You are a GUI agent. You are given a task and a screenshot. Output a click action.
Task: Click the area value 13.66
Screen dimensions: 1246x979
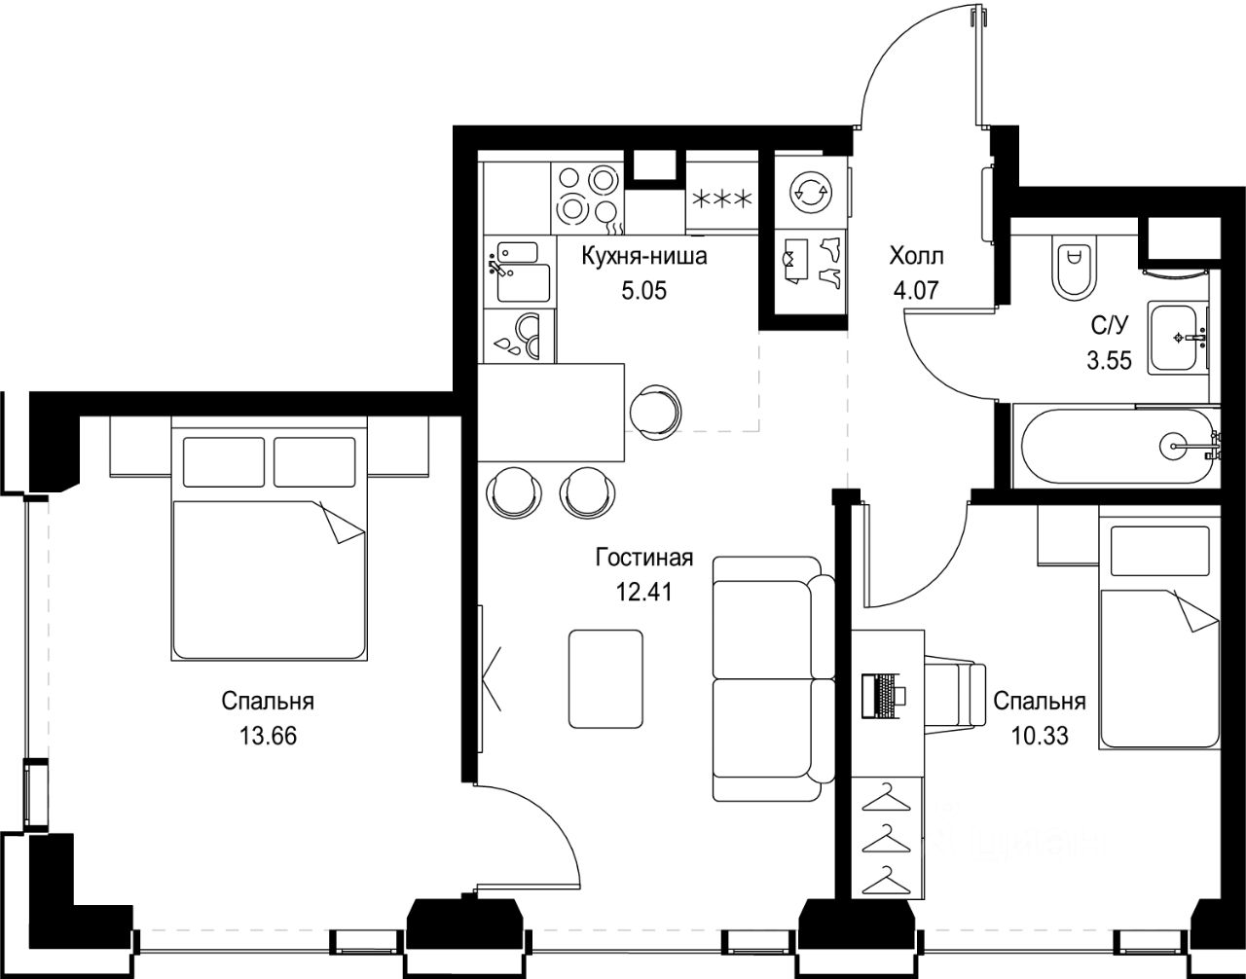pyautogui.click(x=269, y=736)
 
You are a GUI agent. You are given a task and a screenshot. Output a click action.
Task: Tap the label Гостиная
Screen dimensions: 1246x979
pyautogui.click(x=644, y=558)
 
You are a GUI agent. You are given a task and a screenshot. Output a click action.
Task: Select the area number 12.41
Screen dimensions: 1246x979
pyautogui.click(x=643, y=592)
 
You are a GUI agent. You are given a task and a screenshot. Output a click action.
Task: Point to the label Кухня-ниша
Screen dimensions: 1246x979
pyautogui.click(x=644, y=256)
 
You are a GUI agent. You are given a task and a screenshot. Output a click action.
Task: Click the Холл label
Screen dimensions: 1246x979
pyautogui.click(x=916, y=256)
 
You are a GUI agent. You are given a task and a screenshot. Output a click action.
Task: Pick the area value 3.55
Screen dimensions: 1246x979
pyautogui.click(x=1110, y=361)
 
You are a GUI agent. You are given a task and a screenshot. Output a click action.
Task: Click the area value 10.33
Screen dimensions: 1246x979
pyautogui.click(x=1040, y=736)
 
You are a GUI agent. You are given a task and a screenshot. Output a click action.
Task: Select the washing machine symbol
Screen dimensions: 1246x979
pyautogui.click(x=810, y=193)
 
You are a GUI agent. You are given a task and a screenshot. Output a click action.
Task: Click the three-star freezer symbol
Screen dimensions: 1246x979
pyautogui.click(x=722, y=199)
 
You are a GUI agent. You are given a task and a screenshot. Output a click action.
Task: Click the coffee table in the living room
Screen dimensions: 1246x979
pyautogui.click(x=606, y=678)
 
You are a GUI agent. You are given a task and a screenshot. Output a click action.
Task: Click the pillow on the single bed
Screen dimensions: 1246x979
pyautogui.click(x=1160, y=551)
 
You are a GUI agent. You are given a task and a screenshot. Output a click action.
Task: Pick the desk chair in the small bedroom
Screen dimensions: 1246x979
pyautogui.click(x=955, y=695)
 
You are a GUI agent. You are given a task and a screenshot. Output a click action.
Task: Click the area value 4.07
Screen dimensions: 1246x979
pyautogui.click(x=916, y=290)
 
